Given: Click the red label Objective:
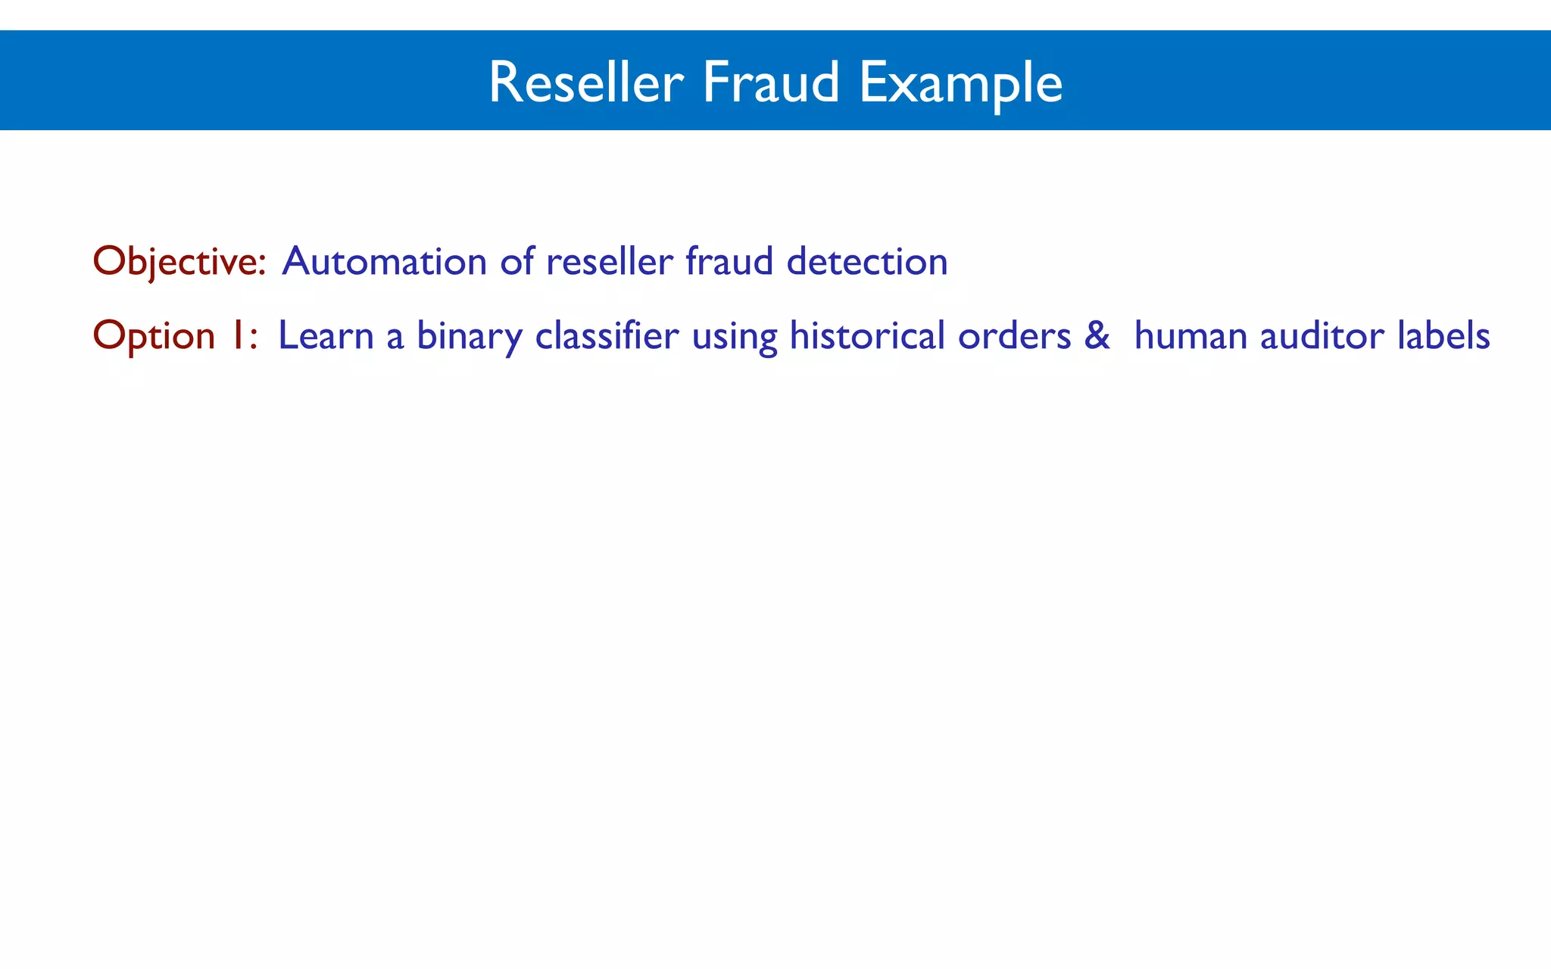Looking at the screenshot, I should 179,262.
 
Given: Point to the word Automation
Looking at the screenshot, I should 384,262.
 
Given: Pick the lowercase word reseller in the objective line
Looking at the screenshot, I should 609,262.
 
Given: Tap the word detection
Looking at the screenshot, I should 867,262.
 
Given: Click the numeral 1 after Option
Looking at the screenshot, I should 237,335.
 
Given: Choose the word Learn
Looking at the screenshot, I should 326,335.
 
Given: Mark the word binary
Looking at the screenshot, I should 469,337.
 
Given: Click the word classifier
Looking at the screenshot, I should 607,335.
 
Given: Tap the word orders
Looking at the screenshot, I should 1014,335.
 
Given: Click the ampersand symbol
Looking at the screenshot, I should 1097,335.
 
